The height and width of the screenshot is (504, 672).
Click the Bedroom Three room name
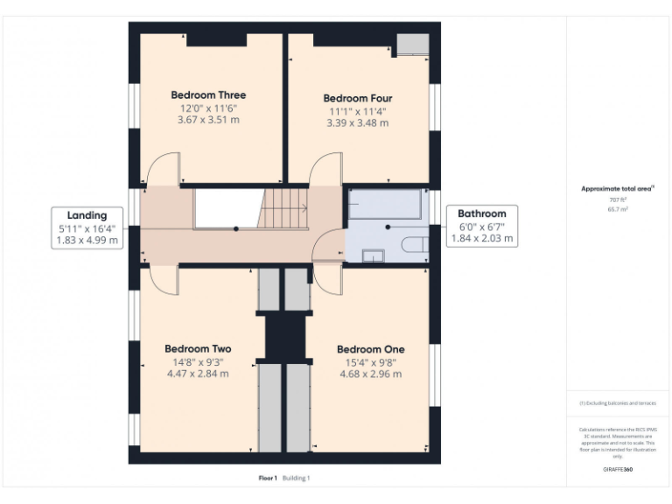click(208, 94)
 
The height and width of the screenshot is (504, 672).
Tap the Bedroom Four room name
click(357, 99)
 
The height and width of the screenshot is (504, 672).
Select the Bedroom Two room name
click(198, 349)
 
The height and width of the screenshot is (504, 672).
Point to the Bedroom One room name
click(370, 349)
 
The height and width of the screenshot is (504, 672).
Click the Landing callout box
click(87, 227)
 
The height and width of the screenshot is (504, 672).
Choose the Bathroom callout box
click(482, 225)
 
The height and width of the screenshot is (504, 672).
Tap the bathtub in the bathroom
click(384, 204)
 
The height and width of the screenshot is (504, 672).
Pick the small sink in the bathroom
click(373, 255)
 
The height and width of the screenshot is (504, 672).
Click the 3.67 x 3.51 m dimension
click(208, 120)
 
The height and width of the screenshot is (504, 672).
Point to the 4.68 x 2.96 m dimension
click(370, 374)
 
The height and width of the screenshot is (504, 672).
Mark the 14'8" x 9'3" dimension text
click(198, 361)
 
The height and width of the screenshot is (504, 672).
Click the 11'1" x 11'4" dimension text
click(357, 111)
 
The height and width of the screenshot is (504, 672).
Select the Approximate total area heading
click(618, 188)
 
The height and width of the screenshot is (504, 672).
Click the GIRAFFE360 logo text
click(618, 470)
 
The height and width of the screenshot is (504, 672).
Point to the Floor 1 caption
click(267, 478)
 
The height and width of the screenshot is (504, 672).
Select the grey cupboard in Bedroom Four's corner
click(412, 45)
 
